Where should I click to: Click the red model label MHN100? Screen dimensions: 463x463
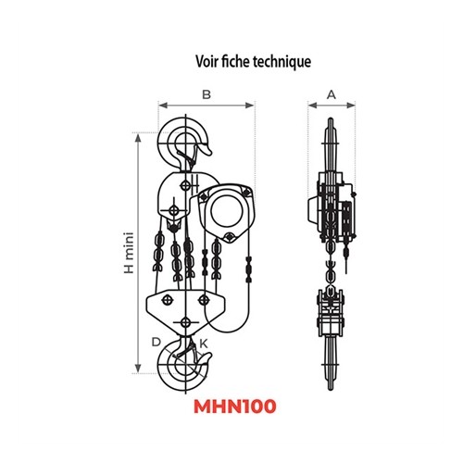(235, 407)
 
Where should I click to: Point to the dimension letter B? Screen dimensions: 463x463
(206, 94)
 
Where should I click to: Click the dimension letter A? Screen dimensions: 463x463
(332, 94)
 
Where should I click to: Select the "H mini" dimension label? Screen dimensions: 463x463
(129, 253)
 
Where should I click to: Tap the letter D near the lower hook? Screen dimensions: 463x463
(156, 342)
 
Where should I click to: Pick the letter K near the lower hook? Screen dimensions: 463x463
(204, 344)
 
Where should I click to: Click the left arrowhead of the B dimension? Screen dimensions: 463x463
(163, 106)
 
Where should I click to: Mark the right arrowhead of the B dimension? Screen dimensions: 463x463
(250, 106)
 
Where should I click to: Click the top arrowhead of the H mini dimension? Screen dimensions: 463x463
(138, 138)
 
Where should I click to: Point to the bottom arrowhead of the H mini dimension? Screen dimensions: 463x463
(138, 369)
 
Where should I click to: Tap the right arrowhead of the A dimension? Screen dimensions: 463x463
(351, 106)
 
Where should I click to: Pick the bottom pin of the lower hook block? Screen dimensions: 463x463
(185, 322)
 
